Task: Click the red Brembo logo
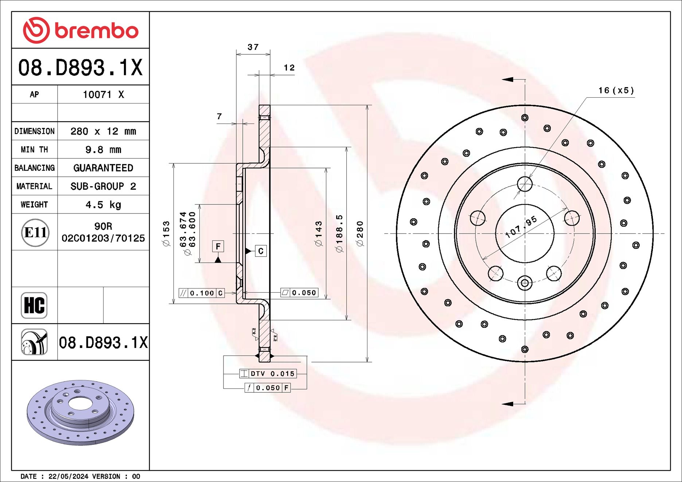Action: (81, 30)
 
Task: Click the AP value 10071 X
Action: (103, 95)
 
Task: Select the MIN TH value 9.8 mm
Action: (103, 150)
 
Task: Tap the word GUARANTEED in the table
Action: (103, 168)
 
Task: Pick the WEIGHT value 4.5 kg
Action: (103, 205)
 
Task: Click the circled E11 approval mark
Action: (35, 232)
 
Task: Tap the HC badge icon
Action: (34, 305)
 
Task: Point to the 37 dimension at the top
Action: (253, 47)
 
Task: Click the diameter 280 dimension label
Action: (360, 234)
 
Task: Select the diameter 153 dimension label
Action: (166, 234)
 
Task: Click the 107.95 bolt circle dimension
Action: (521, 227)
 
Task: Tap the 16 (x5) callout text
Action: (616, 90)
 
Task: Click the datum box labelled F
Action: (218, 247)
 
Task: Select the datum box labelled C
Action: (261, 251)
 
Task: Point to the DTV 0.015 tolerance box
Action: (268, 373)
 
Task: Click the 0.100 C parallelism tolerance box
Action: (202, 293)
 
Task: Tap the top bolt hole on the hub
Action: (525, 184)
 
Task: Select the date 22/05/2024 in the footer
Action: (68, 476)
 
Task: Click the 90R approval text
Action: (103, 226)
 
